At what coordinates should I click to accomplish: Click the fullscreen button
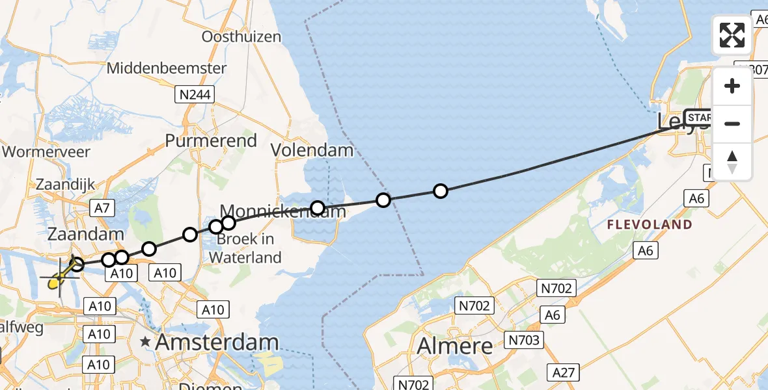(x=732, y=35)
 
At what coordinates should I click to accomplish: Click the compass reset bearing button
(x=732, y=161)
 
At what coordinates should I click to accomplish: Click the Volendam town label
(x=312, y=151)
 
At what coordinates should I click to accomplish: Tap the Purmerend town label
(x=211, y=140)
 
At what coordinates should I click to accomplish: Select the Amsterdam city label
(x=217, y=342)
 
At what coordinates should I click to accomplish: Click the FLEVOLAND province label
(x=649, y=225)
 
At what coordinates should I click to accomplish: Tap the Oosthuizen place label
(x=241, y=37)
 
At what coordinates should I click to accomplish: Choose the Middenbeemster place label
(x=167, y=68)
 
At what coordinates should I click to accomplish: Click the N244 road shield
(x=195, y=95)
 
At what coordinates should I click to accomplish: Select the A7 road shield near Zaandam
(x=103, y=208)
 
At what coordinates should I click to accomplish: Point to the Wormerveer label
(x=46, y=153)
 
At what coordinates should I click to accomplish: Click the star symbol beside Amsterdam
(x=144, y=342)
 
